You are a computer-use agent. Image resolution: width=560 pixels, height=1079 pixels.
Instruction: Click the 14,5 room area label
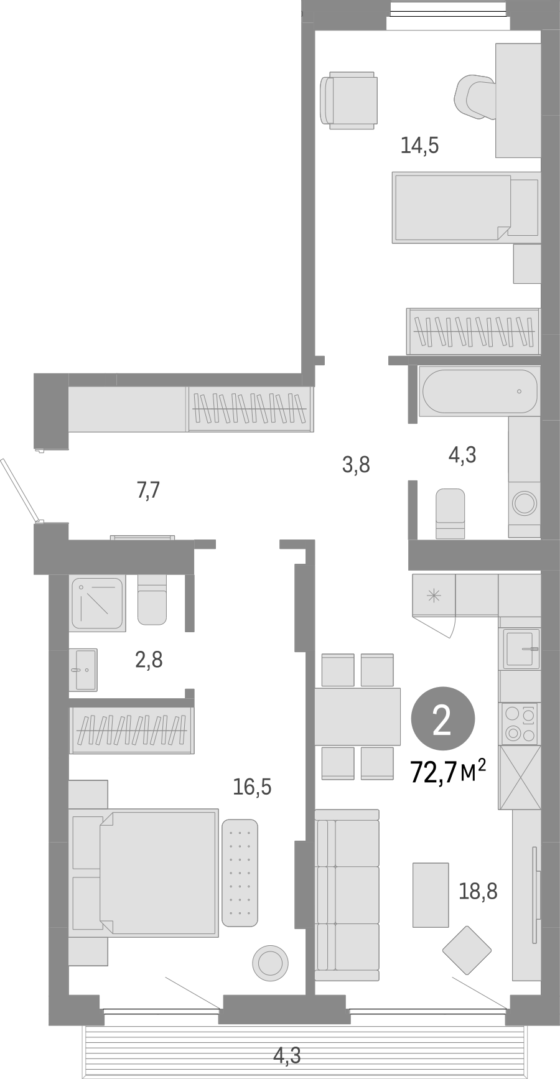(419, 146)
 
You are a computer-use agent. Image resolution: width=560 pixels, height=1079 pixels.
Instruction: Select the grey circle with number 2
(442, 721)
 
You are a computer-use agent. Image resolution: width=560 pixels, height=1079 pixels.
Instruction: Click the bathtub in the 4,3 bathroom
(478, 391)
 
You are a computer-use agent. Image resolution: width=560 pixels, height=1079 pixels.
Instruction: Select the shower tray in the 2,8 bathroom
(97, 603)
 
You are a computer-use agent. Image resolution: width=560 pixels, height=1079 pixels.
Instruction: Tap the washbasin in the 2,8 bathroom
(83, 670)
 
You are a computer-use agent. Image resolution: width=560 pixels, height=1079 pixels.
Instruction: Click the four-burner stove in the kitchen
(520, 724)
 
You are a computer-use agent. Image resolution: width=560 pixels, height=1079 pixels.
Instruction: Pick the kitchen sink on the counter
(520, 648)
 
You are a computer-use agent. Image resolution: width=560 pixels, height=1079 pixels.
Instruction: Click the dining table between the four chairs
(357, 716)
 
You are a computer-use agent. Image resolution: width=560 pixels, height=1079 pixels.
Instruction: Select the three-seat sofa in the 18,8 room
(347, 895)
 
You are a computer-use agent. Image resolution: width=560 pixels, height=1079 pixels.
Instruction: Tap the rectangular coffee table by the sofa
(431, 895)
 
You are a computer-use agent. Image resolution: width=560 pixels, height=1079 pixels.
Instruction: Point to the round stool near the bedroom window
(270, 963)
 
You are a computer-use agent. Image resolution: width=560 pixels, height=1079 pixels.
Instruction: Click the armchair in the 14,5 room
(348, 100)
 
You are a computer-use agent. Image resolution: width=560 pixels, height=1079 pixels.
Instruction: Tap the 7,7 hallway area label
(148, 491)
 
